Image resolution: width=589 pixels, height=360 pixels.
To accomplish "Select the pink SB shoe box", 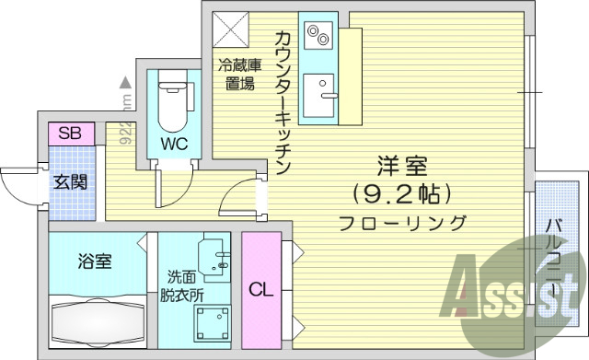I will (x=69, y=133).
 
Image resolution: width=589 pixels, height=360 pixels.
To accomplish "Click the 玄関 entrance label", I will (x=70, y=180).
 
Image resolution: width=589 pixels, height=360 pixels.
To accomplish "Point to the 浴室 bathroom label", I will (x=95, y=261).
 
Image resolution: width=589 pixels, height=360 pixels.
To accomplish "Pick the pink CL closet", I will (x=261, y=288).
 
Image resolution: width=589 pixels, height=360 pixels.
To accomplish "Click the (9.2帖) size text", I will (x=402, y=193).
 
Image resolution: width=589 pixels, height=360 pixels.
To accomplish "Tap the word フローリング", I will (x=402, y=222).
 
